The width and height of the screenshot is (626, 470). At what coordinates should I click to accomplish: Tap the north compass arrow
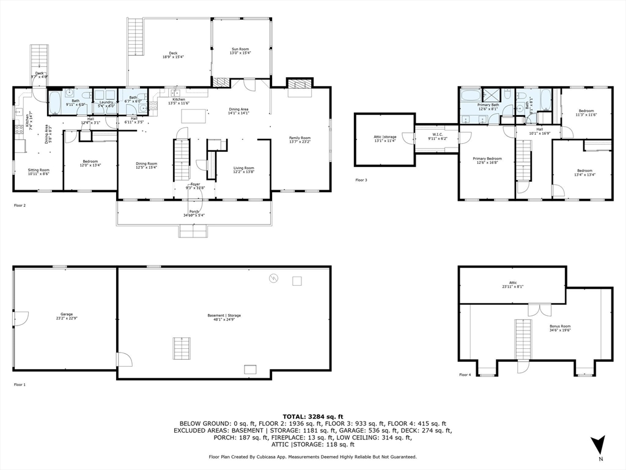click(x=598, y=445)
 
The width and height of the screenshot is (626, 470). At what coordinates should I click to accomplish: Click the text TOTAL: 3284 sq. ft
click(x=312, y=416)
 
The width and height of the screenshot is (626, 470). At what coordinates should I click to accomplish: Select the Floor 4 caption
click(x=465, y=375)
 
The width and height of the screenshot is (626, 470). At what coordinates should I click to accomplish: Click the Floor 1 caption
click(x=20, y=384)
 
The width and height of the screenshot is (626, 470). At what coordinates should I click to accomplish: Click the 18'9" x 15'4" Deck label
click(x=169, y=54)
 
